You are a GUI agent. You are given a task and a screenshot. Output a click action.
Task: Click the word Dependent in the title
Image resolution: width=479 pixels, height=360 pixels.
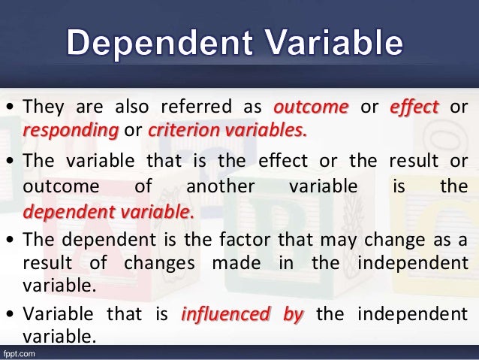pyautogui.click(x=161, y=44)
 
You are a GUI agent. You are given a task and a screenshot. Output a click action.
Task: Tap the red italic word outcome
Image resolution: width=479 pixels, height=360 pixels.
pyautogui.click(x=311, y=107)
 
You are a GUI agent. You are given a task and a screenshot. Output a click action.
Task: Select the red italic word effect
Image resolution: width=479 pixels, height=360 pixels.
pyautogui.click(x=414, y=107)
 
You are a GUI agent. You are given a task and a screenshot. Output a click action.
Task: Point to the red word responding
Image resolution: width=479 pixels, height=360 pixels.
pyautogui.click(x=71, y=130)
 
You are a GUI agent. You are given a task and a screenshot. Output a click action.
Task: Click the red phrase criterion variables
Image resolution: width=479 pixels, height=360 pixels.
pyautogui.click(x=227, y=130)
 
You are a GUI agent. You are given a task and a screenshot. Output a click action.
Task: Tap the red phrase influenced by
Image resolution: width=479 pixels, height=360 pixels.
pyautogui.click(x=243, y=314)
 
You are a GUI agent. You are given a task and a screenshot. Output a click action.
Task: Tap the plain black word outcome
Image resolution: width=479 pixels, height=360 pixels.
pyautogui.click(x=54, y=186)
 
